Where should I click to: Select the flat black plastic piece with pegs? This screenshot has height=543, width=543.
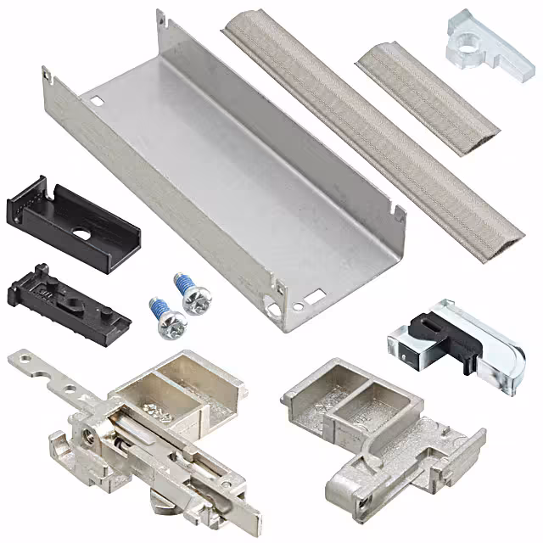click(x=68, y=299)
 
